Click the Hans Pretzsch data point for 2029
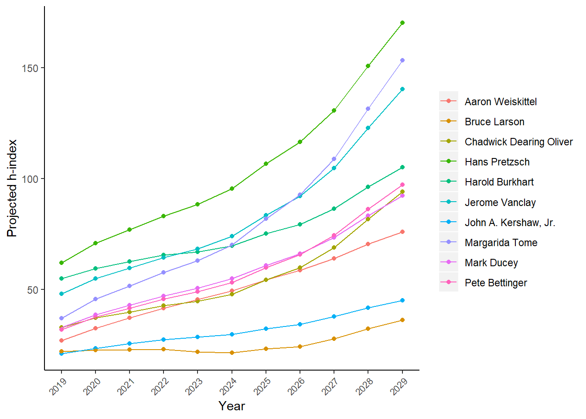[402, 23]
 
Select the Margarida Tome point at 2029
[402, 60]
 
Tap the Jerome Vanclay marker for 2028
[368, 128]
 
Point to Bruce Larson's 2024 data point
[232, 353]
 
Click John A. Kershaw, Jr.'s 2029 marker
[402, 300]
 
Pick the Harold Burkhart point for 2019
[61, 278]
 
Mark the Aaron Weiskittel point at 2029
[402, 232]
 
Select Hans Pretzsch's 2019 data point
[61, 263]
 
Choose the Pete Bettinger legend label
[496, 283]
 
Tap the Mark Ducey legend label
[491, 263]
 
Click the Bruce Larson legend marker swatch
[448, 121]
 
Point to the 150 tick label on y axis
[30, 68]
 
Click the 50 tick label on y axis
[33, 290]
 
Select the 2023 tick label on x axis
[194, 387]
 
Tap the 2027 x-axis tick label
[330, 387]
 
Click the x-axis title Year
[232, 406]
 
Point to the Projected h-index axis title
[12, 188]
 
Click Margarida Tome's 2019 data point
[61, 318]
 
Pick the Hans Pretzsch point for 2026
[300, 142]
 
